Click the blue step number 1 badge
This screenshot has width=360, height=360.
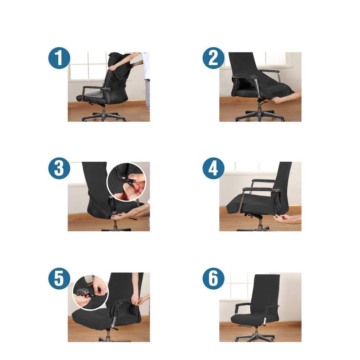[x=59, y=58]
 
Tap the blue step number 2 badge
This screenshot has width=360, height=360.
[x=213, y=58]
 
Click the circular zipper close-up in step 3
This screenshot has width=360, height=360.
[x=126, y=182]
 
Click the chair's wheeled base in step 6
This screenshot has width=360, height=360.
[x=255, y=336]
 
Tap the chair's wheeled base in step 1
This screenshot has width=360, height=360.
[x=104, y=116]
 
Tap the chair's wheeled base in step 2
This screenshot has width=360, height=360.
[x=260, y=115]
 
